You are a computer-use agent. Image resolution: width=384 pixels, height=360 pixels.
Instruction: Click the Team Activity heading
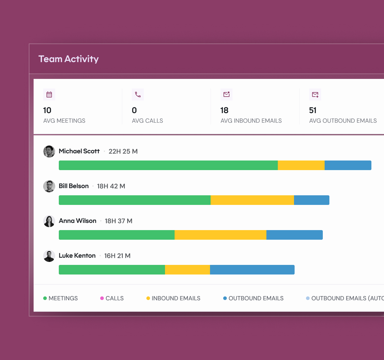(68, 59)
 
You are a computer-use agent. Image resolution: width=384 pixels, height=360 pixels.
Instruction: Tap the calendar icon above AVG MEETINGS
(49, 94)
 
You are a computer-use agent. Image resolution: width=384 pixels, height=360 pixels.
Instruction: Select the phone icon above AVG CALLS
(138, 94)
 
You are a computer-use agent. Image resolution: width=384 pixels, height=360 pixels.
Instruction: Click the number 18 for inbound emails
(224, 110)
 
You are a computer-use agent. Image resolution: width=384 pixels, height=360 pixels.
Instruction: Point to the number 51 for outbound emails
(313, 110)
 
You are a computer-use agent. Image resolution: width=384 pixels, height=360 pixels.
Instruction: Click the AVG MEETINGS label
(64, 121)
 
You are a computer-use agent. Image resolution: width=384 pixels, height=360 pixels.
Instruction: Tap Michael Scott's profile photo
(49, 151)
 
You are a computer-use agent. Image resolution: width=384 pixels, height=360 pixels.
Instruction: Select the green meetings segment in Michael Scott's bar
(168, 165)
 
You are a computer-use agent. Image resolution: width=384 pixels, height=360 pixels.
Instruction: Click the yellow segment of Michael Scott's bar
(301, 165)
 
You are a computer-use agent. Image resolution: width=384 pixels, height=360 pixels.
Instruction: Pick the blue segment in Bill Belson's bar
(311, 200)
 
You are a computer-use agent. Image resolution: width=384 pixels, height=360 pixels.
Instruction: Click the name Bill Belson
(74, 186)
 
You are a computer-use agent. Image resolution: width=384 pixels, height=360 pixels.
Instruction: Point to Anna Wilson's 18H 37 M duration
(118, 221)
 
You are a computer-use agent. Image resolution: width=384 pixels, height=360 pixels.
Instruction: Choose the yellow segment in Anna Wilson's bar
(220, 235)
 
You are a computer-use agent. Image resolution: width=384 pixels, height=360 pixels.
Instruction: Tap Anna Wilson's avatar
(49, 221)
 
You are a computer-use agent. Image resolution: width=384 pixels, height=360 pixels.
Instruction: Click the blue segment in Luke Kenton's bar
(252, 270)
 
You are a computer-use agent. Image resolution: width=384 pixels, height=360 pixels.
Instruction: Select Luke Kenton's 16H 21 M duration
(117, 256)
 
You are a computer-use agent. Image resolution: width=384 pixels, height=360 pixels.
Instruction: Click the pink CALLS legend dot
(102, 298)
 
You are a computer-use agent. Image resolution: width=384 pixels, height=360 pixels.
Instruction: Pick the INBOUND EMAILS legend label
(176, 298)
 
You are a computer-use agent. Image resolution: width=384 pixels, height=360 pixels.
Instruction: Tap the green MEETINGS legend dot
(45, 298)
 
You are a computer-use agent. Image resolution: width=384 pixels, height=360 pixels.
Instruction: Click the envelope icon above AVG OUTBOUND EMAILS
(315, 94)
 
